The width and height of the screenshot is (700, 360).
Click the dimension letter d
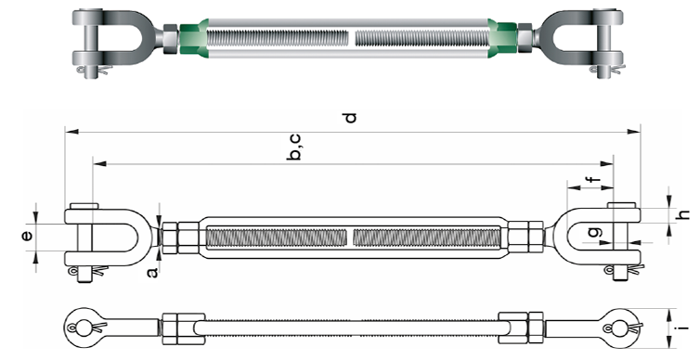click(352, 117)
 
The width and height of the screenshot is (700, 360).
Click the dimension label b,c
click(294, 147)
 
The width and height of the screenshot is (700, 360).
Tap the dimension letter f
click(592, 179)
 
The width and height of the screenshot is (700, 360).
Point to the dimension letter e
click(28, 236)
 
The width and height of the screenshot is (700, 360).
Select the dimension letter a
click(152, 272)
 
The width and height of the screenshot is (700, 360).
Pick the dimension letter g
click(596, 232)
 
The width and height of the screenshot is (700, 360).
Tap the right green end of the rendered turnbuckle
click(502, 37)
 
